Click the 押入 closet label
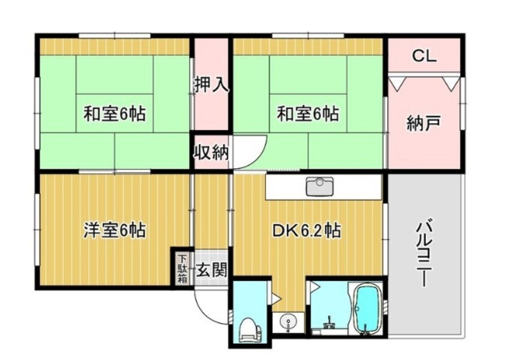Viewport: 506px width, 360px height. (212, 84)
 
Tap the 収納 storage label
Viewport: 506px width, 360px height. (212, 152)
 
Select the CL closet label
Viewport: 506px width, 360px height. (425, 56)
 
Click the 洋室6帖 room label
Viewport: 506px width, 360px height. (114, 230)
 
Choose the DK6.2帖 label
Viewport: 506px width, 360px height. (307, 230)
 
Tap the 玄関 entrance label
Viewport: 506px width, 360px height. (212, 269)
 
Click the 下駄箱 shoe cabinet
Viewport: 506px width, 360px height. (183, 269)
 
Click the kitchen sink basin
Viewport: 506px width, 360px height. (320, 187)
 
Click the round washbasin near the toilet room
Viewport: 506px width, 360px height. (288, 322)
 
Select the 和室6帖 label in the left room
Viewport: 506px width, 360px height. (114, 113)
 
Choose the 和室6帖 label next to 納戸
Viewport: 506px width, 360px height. (308, 113)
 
